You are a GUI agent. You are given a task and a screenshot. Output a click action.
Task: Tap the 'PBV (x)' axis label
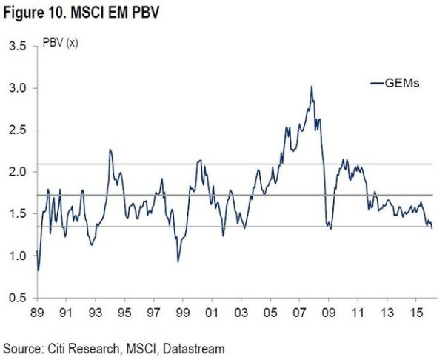point(61,42)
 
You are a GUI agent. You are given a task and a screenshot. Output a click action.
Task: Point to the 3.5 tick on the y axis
point(16,47)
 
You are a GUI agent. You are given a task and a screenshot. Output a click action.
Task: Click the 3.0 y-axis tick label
point(16,88)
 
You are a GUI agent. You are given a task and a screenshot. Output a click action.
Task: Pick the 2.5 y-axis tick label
point(16,130)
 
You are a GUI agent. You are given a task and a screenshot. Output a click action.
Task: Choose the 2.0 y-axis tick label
point(16,172)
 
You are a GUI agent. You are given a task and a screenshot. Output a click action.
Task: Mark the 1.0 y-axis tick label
point(16,256)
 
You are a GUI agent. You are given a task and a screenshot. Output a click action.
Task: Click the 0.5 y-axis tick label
point(16,298)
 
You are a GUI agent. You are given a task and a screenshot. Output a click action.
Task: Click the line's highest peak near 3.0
point(311,87)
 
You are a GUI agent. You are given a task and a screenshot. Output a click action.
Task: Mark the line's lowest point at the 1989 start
point(38,270)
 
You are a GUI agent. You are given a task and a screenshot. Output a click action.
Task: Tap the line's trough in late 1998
point(178,261)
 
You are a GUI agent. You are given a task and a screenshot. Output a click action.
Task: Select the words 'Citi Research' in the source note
point(76,347)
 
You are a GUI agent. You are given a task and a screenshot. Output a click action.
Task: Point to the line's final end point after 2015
point(432,228)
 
